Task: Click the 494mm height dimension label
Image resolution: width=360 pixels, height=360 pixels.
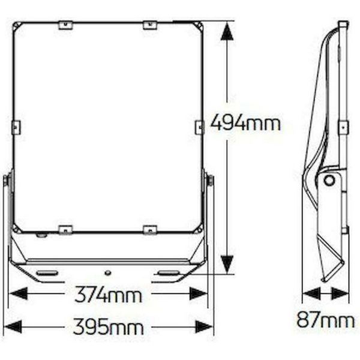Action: point(245,124)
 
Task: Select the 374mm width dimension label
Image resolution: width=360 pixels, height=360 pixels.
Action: point(109,295)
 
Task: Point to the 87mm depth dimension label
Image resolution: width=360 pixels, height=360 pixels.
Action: point(326,319)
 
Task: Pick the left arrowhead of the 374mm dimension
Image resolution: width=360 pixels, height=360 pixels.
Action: point(18,294)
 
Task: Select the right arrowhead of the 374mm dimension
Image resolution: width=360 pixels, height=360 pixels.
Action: point(199,294)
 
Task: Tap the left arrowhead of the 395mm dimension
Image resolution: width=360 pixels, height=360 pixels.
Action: point(13,327)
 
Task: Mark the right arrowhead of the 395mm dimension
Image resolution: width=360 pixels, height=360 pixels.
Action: point(204,327)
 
